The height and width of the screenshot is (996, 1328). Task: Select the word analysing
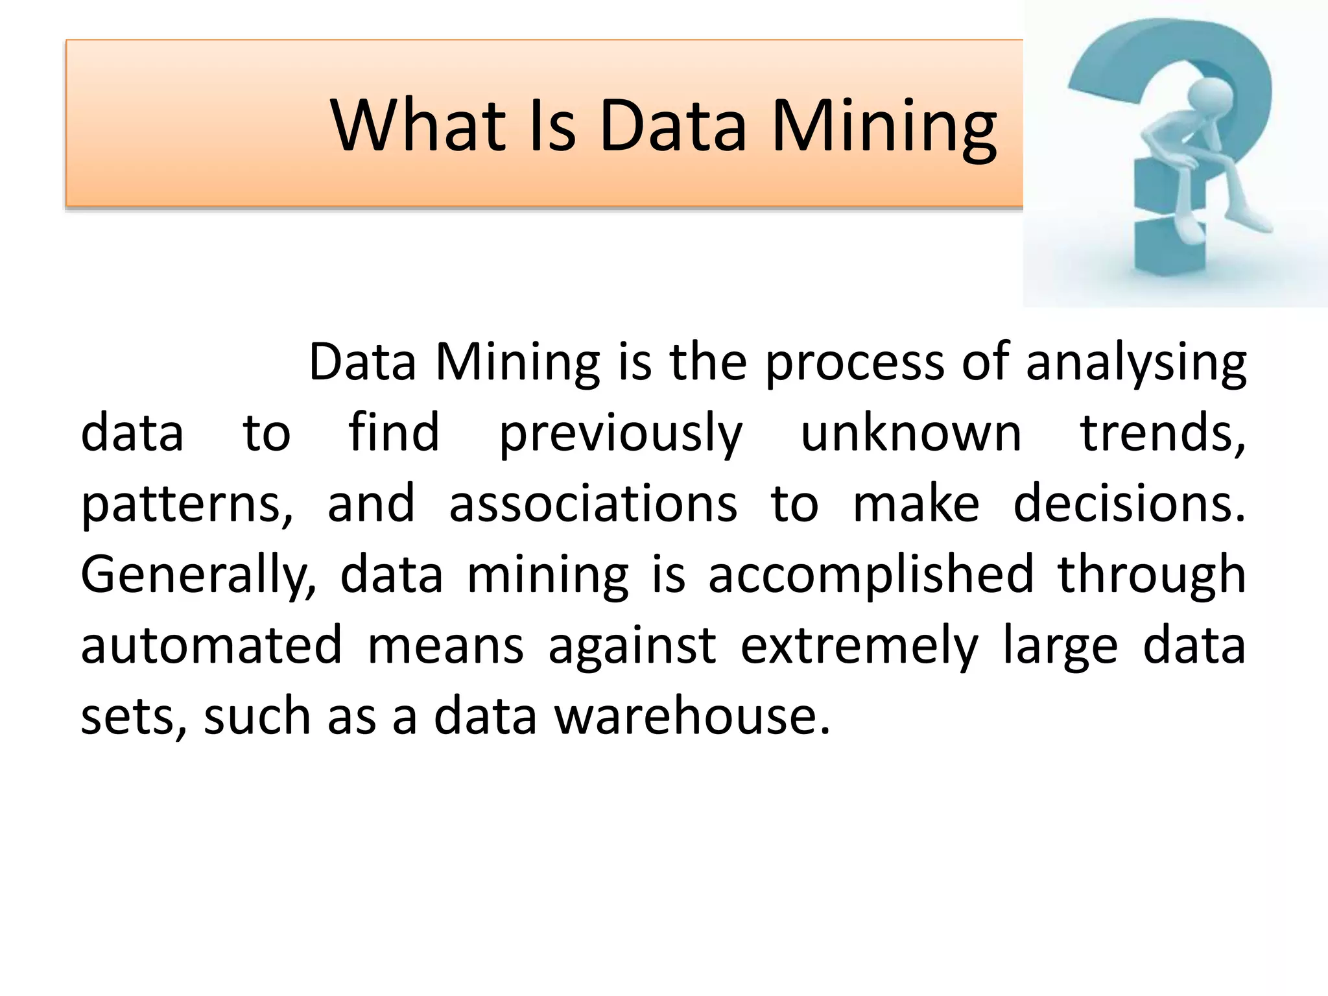[1135, 362]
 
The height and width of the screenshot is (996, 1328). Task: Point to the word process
[854, 362]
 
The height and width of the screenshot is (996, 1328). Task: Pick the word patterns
[187, 504]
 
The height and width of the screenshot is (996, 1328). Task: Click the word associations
[593, 504]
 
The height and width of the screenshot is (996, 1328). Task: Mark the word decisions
[1129, 504]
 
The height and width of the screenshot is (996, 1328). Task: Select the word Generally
[198, 575]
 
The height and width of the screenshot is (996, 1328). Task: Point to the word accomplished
[870, 575]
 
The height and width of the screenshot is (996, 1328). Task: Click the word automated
[211, 646]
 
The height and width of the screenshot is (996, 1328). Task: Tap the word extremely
[859, 646]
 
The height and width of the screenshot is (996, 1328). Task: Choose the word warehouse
[692, 717]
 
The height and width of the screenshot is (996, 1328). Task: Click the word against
[632, 646]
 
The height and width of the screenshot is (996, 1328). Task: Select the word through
[1152, 575]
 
